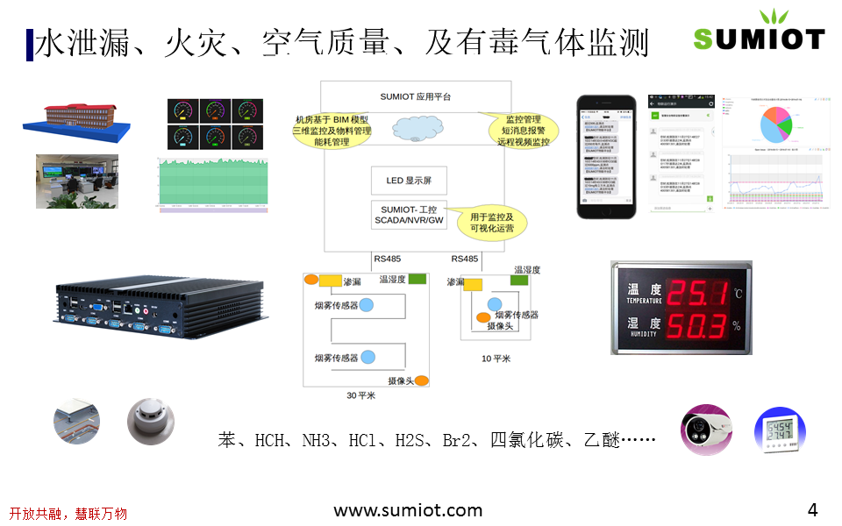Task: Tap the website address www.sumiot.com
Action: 408,510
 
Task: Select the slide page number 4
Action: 812,510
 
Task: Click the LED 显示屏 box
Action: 409,181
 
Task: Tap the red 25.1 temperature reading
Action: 698,292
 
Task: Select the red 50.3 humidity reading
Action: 698,326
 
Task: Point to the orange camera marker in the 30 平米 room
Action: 421,380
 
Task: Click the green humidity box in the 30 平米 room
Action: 417,279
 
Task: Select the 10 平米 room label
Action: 496,358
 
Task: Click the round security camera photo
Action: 708,430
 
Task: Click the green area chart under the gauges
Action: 212,183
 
